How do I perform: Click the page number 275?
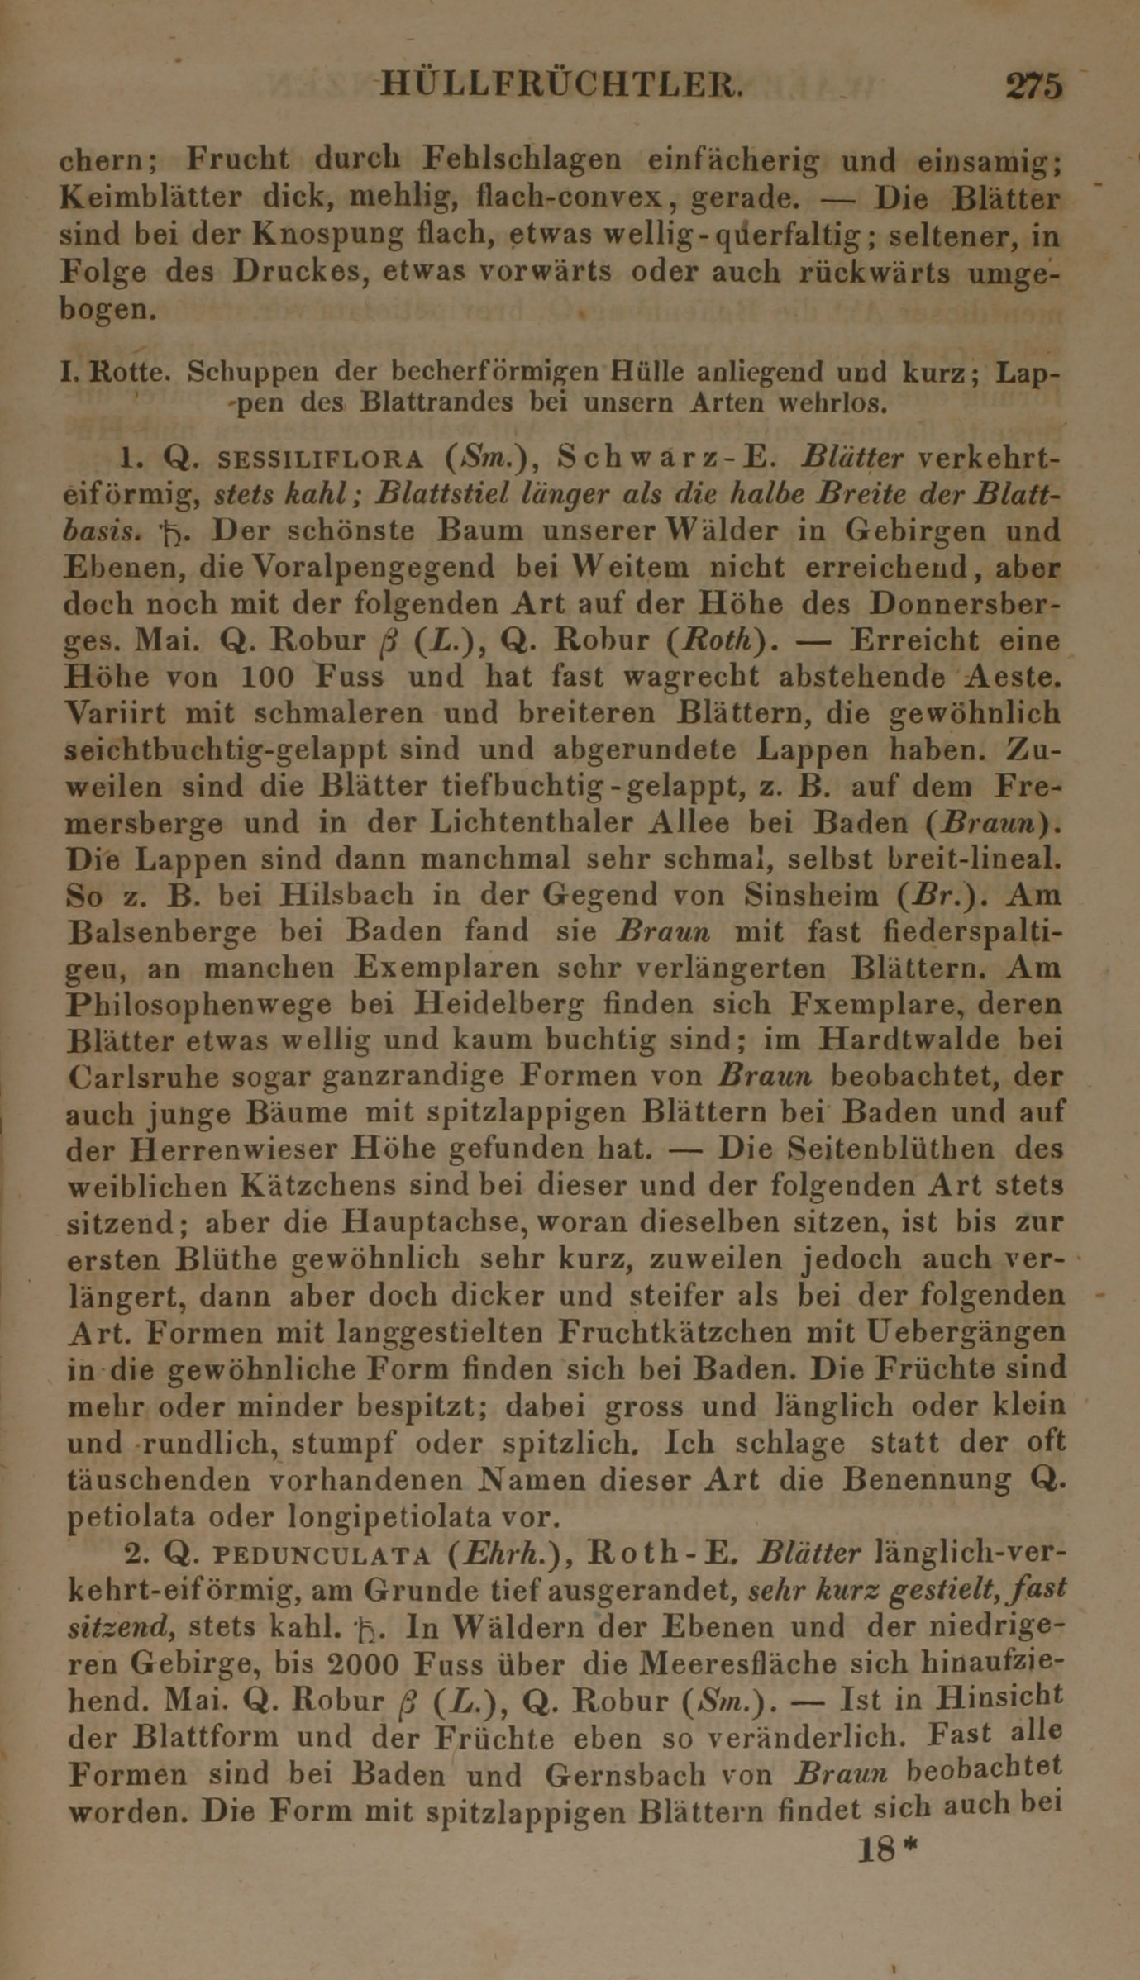pyautogui.click(x=1033, y=86)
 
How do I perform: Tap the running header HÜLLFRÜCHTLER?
pyautogui.click(x=563, y=85)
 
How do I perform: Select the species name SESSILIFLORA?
pyautogui.click(x=321, y=459)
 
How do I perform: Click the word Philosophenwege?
pyautogui.click(x=198, y=1005)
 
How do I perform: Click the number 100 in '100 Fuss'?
pyautogui.click(x=267, y=678)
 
